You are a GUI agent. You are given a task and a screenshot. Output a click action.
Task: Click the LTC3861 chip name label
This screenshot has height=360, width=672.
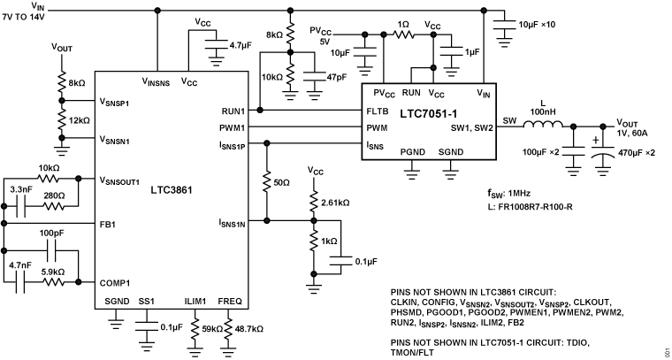click(172, 189)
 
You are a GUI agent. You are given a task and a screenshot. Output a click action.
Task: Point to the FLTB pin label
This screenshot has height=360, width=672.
click(378, 111)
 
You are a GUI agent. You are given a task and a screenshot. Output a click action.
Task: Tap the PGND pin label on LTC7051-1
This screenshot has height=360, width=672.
click(413, 153)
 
